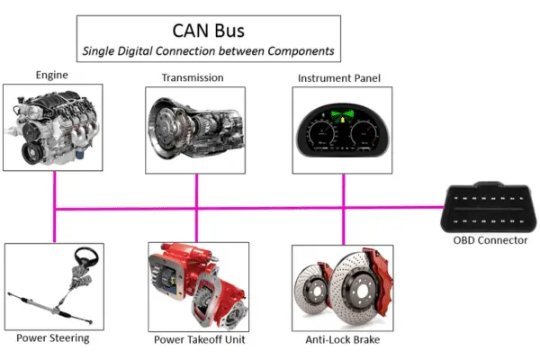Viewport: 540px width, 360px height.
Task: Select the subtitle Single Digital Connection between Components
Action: tap(208, 52)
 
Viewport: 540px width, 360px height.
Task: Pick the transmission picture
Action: tap(195, 128)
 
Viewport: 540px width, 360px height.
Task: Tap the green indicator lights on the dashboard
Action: tap(342, 116)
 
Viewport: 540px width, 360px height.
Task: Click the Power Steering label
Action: tap(52, 338)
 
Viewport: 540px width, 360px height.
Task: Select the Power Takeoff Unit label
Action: tap(197, 339)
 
